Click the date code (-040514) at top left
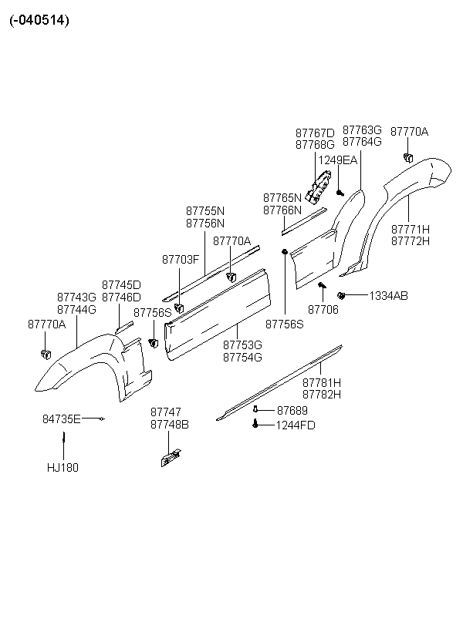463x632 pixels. pos(39,20)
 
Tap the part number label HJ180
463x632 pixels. pos(63,468)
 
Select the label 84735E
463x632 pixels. pos(62,419)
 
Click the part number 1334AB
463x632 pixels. pos(388,296)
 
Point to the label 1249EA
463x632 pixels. pos(338,160)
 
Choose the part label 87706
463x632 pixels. pos(323,310)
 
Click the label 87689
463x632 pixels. pos(292,410)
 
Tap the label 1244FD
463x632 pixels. pos(296,425)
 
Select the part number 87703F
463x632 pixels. pos(181,260)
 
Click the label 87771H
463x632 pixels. pos(411,230)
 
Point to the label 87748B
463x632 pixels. pos(170,425)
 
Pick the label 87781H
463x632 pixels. pos(322,382)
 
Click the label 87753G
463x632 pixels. pos(242,345)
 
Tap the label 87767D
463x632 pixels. pos(316,133)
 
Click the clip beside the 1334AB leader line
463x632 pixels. pos(342,296)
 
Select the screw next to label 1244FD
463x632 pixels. pos(255,423)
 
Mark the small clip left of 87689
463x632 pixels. pos(255,409)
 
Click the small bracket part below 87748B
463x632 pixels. pos(171,458)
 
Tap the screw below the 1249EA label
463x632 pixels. pos(340,193)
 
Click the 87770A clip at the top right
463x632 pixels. pos(408,157)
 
